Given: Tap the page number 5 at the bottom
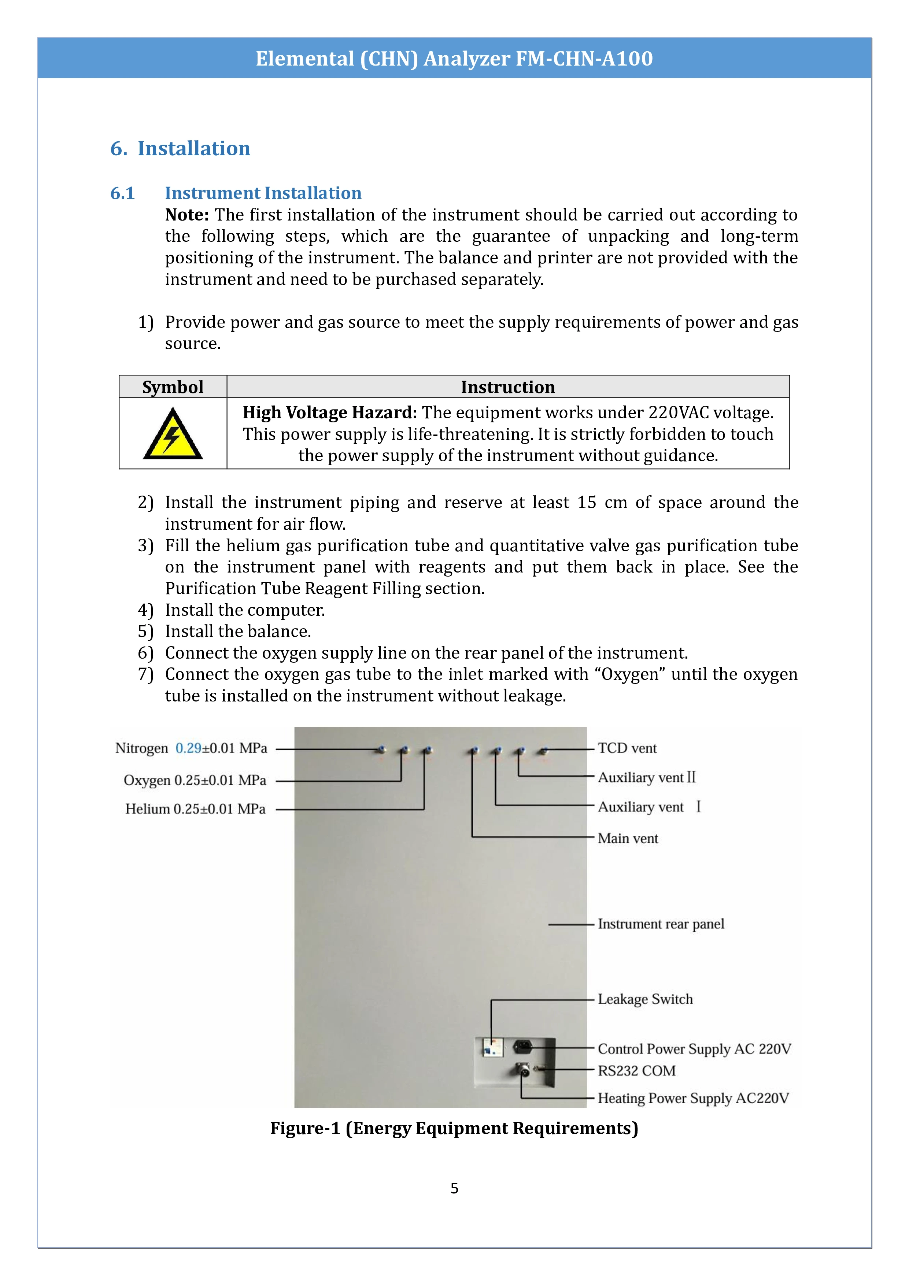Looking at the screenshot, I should click(454, 1188).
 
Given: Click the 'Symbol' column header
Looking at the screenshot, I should click(173, 387).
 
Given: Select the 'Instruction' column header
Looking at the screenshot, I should click(508, 387).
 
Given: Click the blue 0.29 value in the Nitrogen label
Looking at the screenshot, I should click(188, 748).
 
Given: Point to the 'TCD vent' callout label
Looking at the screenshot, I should click(627, 748).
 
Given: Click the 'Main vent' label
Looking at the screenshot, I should click(628, 838).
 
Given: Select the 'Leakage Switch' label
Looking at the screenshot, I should click(645, 999).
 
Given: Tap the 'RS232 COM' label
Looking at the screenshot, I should click(636, 1071).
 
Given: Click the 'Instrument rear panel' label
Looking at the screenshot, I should click(661, 924).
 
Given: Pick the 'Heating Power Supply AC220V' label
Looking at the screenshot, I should click(693, 1098).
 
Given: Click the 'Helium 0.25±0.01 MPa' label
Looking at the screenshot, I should click(195, 809).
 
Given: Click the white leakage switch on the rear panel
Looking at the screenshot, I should click(492, 1047).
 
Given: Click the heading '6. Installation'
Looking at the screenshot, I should click(180, 148).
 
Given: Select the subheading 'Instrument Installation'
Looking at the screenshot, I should click(263, 193).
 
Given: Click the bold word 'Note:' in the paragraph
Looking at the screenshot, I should click(187, 215).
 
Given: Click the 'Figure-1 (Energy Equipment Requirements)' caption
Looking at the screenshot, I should click(454, 1128).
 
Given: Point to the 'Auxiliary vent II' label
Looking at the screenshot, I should click(647, 777).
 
